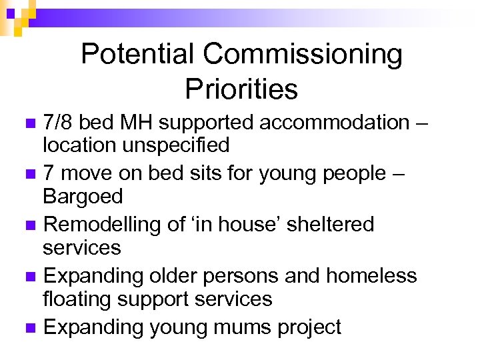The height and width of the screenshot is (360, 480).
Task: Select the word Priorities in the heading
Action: pyautogui.click(x=241, y=89)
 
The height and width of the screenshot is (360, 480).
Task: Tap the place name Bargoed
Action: pyautogui.click(x=83, y=197)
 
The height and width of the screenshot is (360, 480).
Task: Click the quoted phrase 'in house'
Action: pyautogui.click(x=225, y=225)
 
